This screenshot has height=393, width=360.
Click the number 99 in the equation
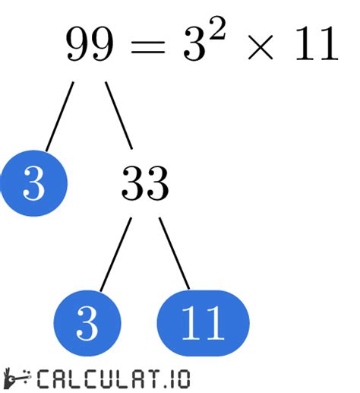[90, 43]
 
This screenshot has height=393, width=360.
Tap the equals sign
[147, 47]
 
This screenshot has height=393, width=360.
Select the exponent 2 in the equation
[215, 28]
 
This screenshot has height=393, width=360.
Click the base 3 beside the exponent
[194, 43]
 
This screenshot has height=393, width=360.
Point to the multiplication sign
[261, 47]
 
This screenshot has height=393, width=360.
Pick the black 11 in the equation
[317, 43]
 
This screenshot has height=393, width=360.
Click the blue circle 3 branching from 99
[34, 183]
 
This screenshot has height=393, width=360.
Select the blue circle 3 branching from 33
[87, 323]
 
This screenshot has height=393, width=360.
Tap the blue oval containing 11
[203, 323]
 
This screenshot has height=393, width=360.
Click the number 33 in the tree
[145, 183]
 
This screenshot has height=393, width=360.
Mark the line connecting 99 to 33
[118, 116]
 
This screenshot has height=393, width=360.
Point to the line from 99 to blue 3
[60, 116]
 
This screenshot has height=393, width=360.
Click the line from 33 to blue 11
[174, 253]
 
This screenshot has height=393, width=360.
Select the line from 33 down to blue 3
[115, 254]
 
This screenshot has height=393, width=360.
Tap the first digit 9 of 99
[77, 43]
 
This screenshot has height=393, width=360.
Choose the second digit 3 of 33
[157, 183]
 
